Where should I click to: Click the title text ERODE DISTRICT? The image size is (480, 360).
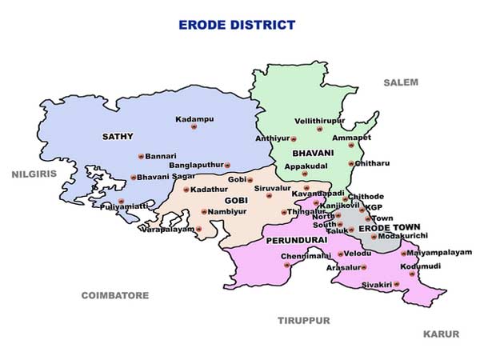click(237, 25)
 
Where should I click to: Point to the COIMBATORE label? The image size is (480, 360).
click(115, 295)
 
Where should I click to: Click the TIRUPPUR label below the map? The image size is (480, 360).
click(304, 320)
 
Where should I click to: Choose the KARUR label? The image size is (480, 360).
click(441, 334)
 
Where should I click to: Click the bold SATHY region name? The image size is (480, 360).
click(118, 137)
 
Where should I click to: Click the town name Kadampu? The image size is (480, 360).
click(195, 119)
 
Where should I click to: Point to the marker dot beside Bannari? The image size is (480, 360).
click(141, 156)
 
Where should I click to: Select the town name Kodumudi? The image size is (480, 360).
click(421, 266)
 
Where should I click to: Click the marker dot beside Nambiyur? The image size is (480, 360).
click(204, 212)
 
